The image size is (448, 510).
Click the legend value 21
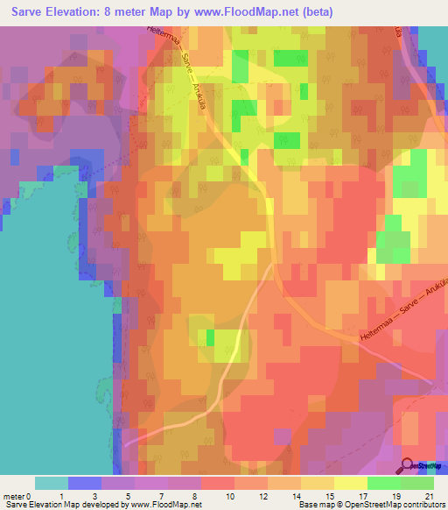coord(429,496)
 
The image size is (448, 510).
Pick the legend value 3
coord(119,496)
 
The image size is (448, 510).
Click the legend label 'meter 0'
coord(17,496)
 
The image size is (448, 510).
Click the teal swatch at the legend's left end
coord(51,483)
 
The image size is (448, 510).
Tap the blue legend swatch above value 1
coord(85,483)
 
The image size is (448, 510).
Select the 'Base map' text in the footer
coord(315,505)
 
